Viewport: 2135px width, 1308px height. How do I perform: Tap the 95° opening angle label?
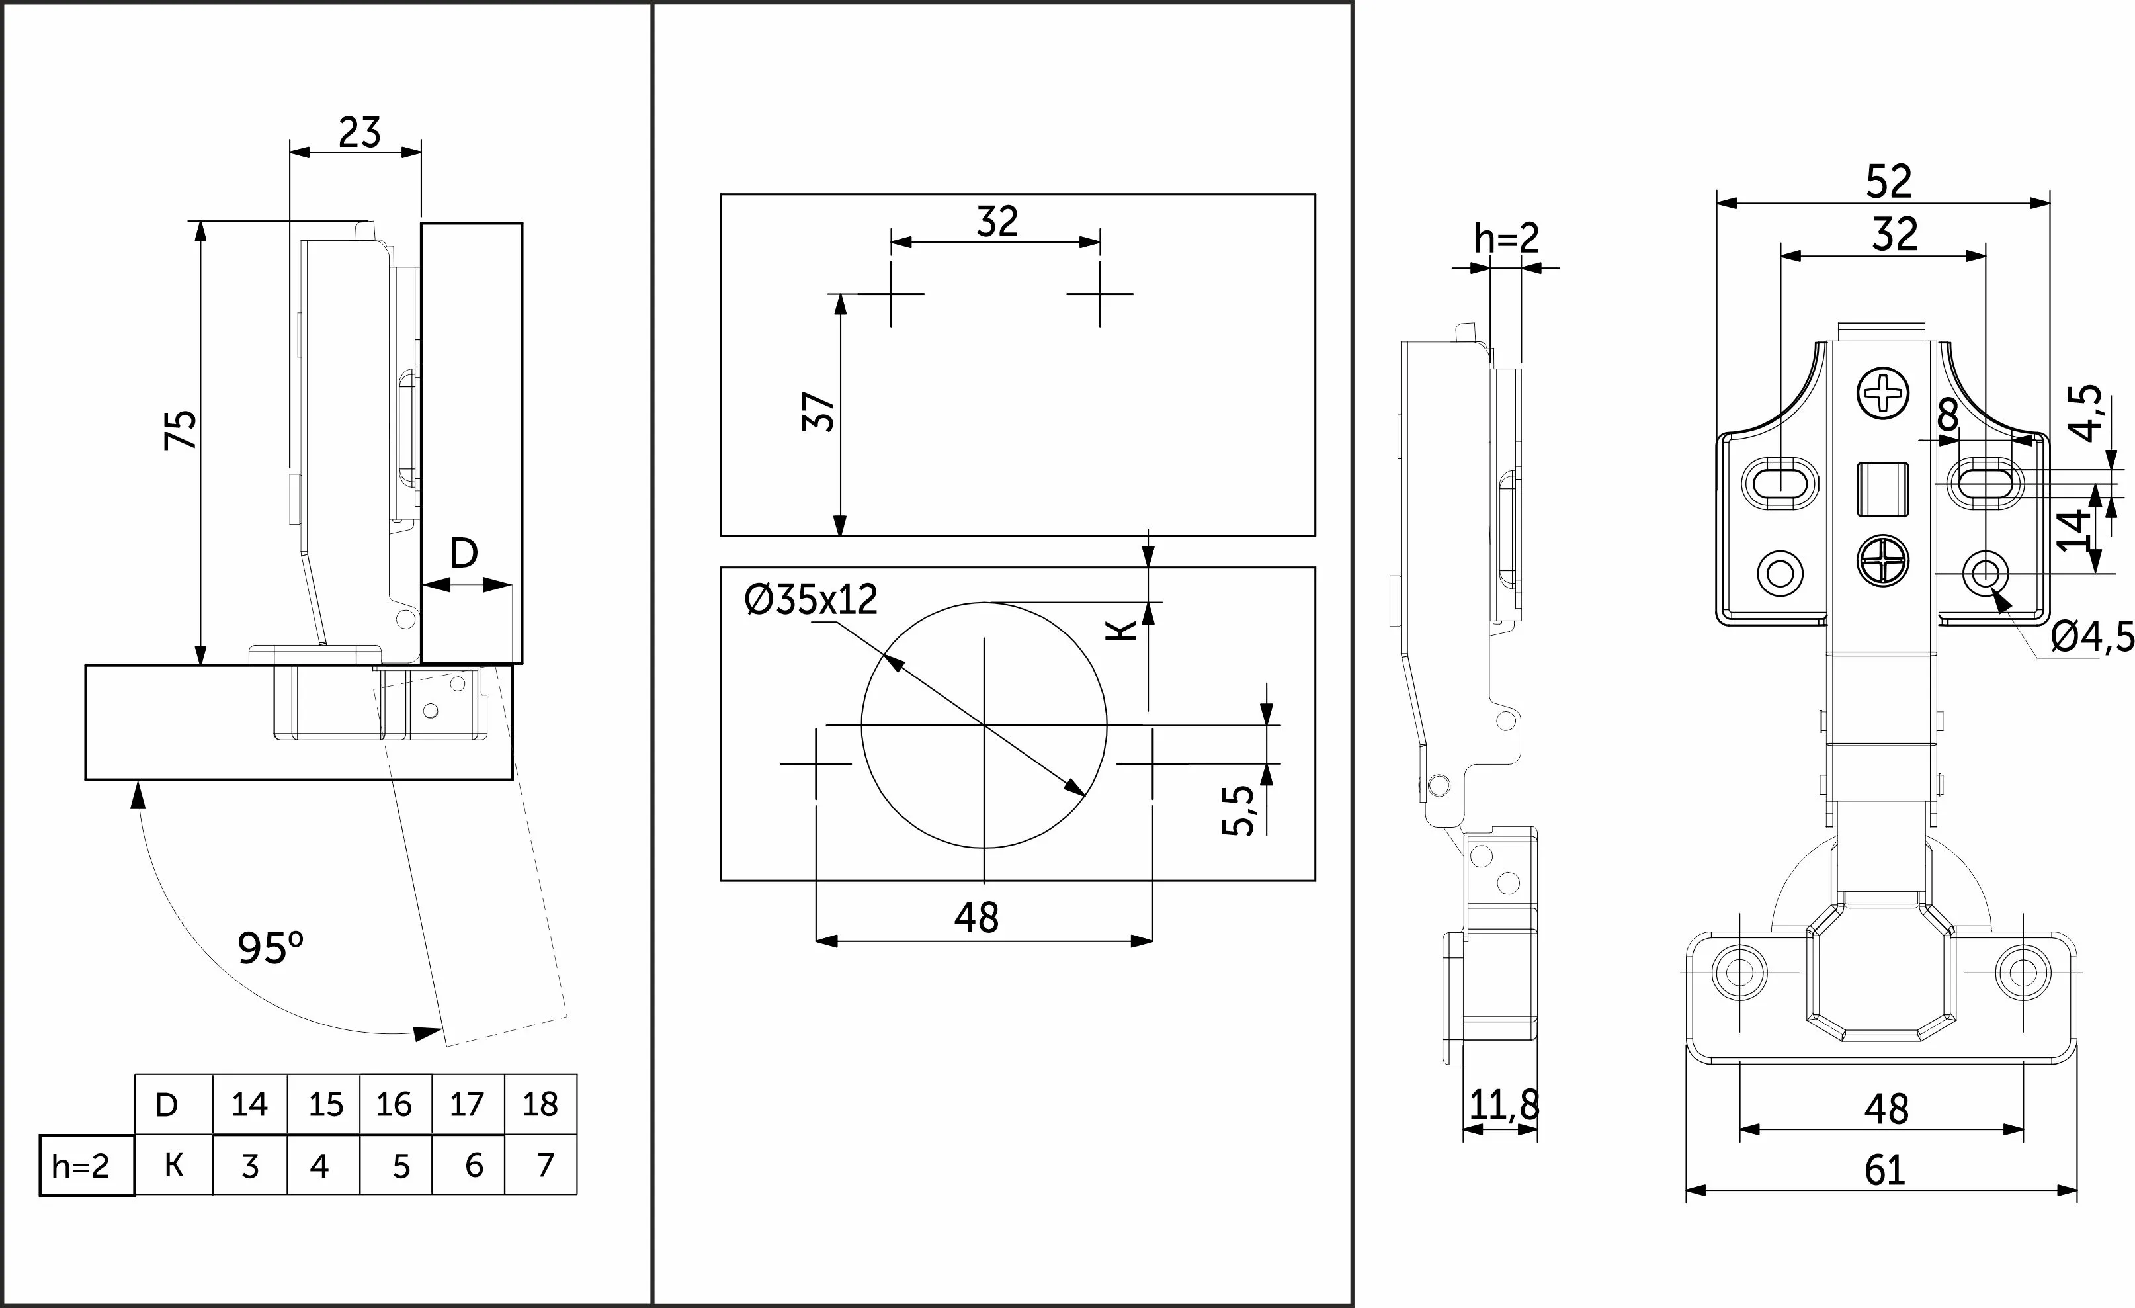[x=271, y=948]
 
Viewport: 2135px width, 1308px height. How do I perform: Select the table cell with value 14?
[x=249, y=1104]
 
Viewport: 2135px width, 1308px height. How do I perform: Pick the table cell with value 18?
[x=540, y=1104]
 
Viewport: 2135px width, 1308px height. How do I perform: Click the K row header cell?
[x=173, y=1165]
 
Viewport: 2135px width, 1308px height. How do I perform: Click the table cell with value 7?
[x=544, y=1165]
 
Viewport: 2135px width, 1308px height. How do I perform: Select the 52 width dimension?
[x=1889, y=182]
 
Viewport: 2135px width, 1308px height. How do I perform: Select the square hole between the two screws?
[x=1883, y=488]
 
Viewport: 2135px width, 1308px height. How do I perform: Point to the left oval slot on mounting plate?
[x=1780, y=482]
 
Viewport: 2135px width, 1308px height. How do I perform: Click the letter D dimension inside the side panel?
[x=464, y=552]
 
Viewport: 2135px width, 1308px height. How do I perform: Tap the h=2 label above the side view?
[x=1507, y=238]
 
